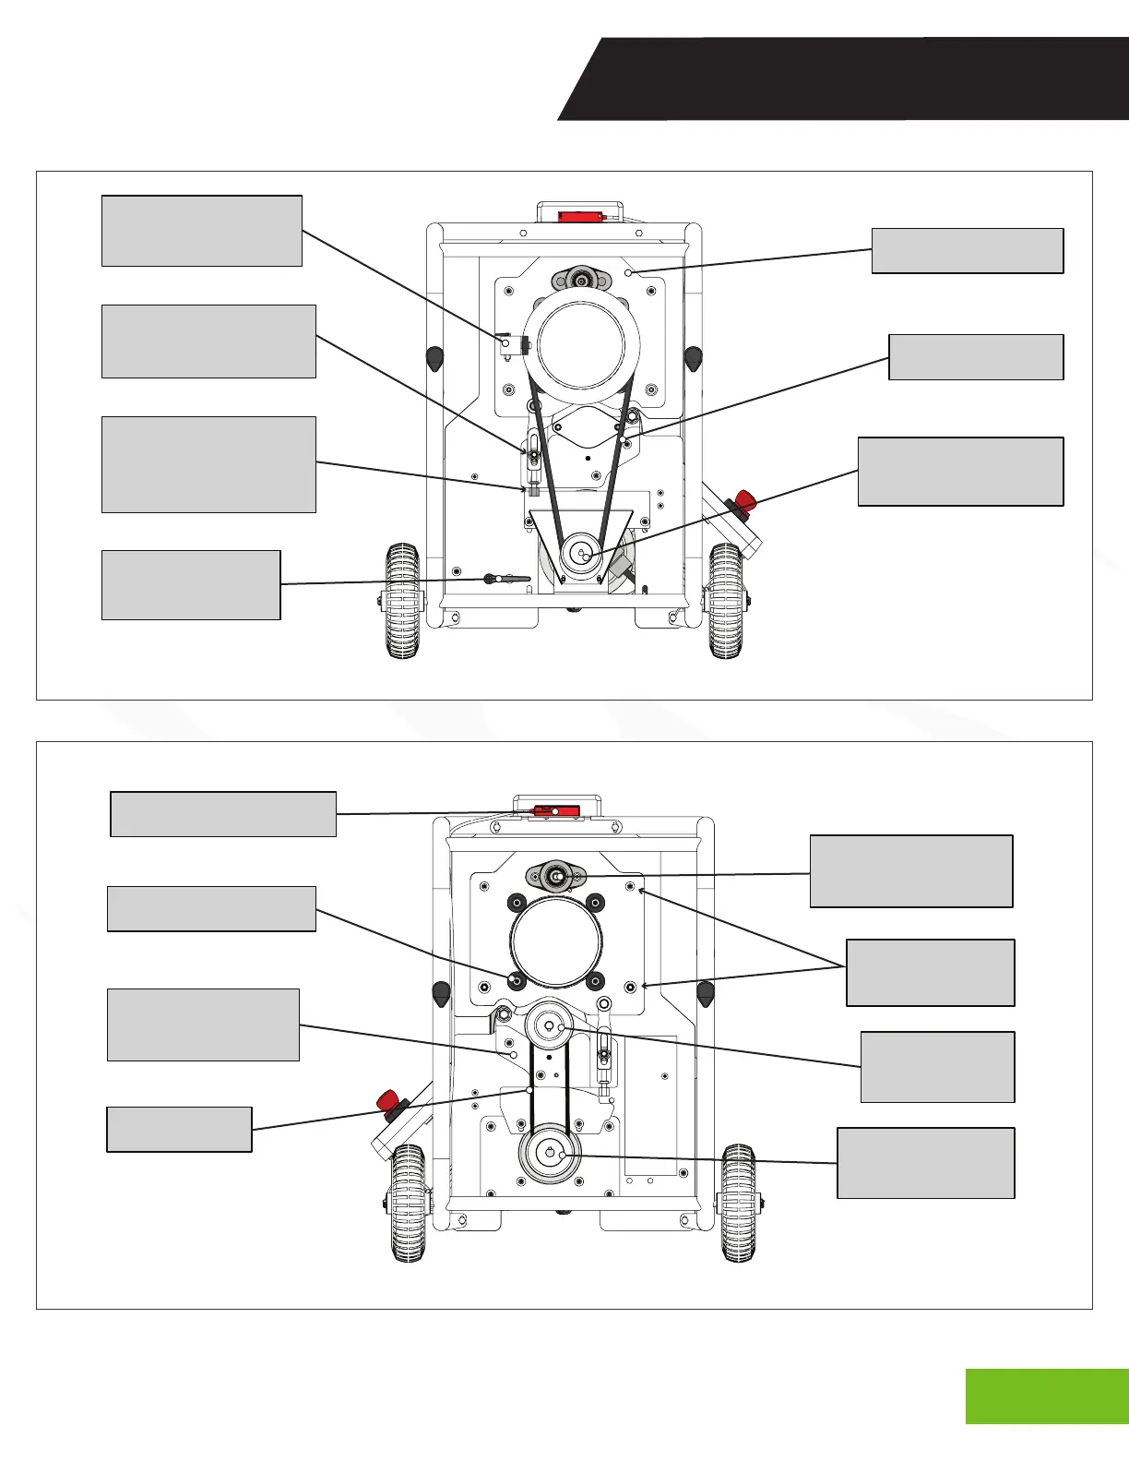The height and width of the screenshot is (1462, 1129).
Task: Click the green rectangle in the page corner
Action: coord(1047,1396)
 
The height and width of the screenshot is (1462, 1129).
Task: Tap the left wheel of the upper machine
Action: coord(403,601)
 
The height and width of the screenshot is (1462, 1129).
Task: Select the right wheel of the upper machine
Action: coord(726,601)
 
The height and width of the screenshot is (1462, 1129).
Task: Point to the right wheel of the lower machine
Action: coord(739,1204)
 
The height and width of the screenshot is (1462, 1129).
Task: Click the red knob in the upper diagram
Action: coord(743,501)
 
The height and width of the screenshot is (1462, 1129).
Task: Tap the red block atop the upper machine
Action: coord(579,218)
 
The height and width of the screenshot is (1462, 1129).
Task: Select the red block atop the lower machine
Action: coord(556,810)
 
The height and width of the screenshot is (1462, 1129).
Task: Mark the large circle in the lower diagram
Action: coord(556,941)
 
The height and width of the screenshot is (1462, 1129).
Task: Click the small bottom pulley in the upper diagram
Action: coord(581,554)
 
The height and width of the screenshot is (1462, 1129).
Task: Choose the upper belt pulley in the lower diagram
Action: coord(550,1025)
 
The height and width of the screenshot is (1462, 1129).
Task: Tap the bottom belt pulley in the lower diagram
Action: coord(550,1153)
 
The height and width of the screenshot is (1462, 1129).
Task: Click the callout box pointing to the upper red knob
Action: coord(960,472)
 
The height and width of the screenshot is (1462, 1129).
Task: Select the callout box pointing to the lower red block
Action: coord(223,814)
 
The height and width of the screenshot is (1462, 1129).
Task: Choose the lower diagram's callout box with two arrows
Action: coord(930,973)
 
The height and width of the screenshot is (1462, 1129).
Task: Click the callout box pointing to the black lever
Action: coord(191,585)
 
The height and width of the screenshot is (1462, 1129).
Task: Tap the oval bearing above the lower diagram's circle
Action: coord(556,875)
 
